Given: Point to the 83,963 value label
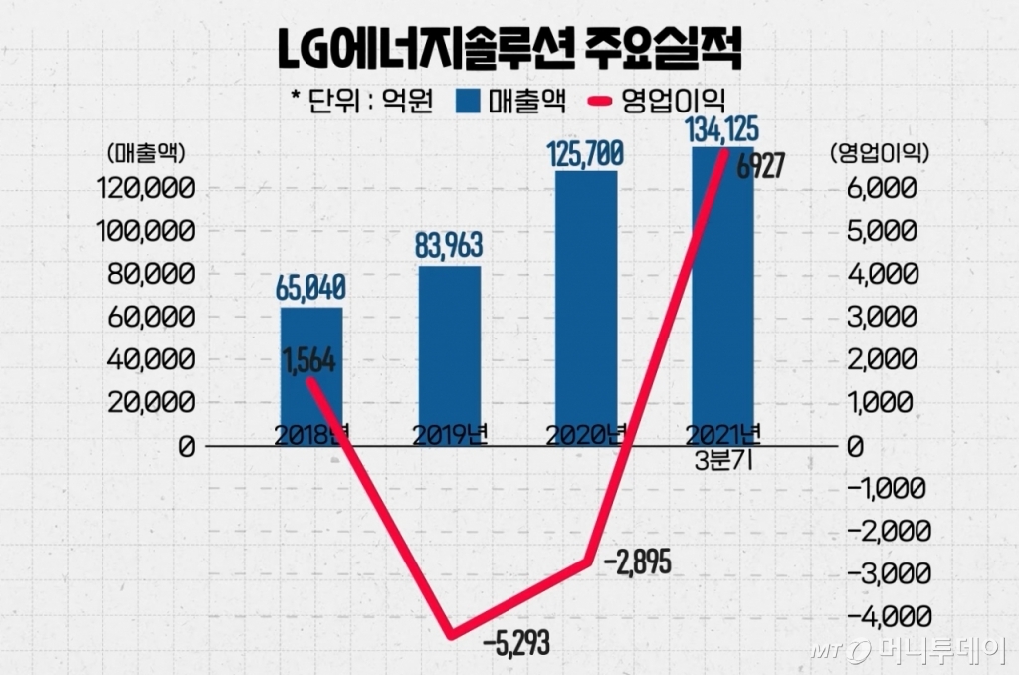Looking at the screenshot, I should tap(449, 246).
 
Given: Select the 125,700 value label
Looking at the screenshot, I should tap(586, 153).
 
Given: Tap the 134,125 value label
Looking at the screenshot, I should tap(723, 128).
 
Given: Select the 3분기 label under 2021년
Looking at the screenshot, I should tap(723, 462).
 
